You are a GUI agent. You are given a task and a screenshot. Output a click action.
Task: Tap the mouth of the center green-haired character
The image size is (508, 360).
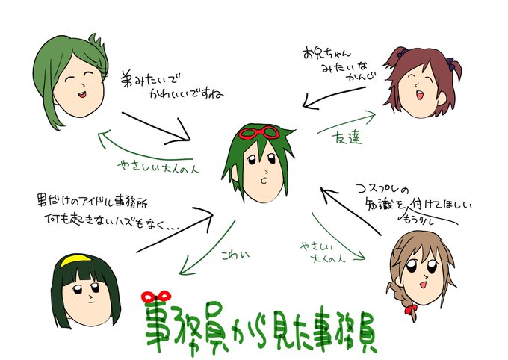pos(262,181)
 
